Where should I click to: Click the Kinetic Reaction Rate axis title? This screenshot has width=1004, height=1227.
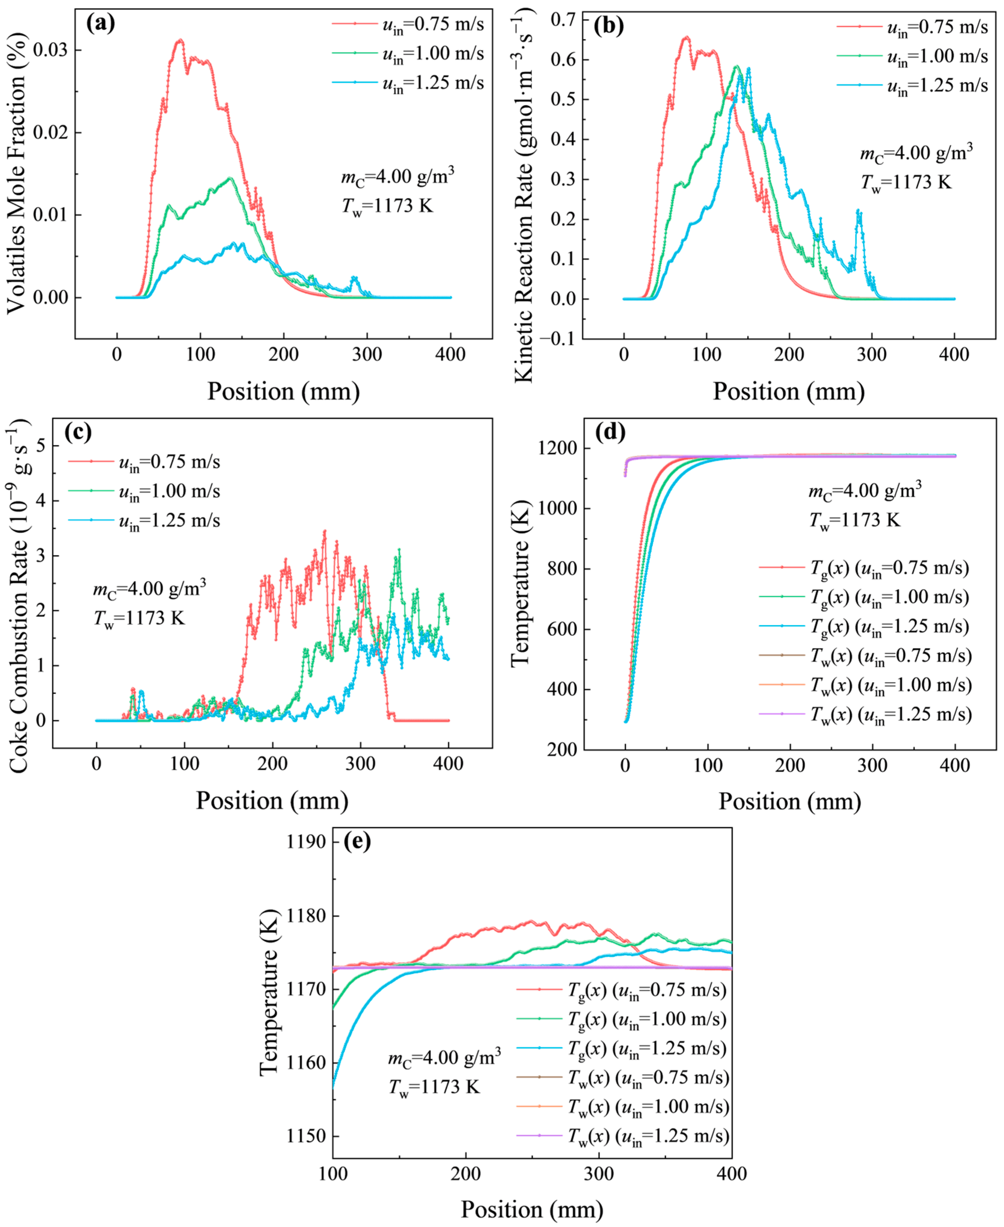point(523,196)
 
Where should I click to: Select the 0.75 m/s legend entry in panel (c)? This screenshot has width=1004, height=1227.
point(145,462)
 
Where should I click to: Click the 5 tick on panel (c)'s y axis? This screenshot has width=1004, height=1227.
point(41,446)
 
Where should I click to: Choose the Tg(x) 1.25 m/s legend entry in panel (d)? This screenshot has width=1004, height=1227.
point(864,627)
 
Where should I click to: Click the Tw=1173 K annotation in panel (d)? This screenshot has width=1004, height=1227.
point(855,520)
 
